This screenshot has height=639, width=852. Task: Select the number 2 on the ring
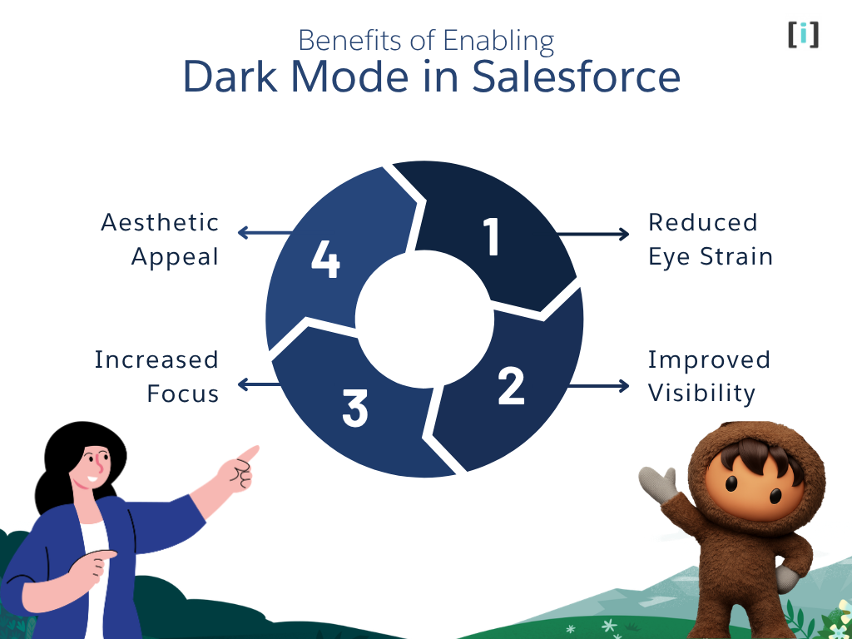(x=511, y=385)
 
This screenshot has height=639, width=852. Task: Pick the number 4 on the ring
(x=325, y=259)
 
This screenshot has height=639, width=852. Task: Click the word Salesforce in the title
(x=576, y=77)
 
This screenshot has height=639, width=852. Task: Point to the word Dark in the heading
(x=230, y=77)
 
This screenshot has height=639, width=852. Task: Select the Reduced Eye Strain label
(x=710, y=240)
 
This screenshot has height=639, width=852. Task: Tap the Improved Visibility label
(x=709, y=376)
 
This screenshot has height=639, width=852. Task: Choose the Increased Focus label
(x=157, y=376)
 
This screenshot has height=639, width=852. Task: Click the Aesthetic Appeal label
(x=161, y=240)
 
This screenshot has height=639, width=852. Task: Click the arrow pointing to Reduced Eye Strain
(x=593, y=235)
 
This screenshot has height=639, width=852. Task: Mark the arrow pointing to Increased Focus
(x=260, y=384)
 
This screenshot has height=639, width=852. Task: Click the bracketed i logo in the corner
(x=803, y=34)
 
